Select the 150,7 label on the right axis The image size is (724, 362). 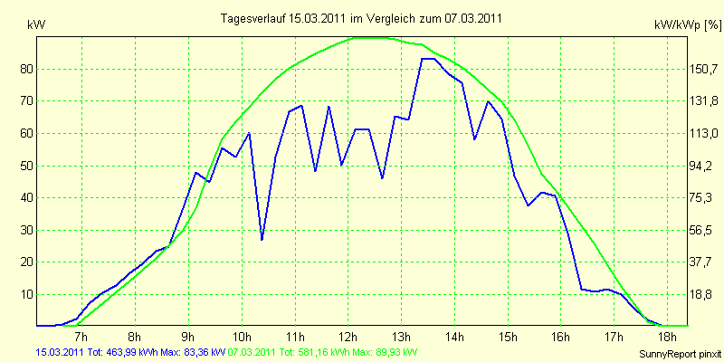(705, 70)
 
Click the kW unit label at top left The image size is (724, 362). (36, 25)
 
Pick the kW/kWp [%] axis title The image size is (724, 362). (688, 25)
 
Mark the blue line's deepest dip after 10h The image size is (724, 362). (262, 239)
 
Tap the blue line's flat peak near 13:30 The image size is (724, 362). (427, 59)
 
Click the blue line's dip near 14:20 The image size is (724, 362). (474, 138)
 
